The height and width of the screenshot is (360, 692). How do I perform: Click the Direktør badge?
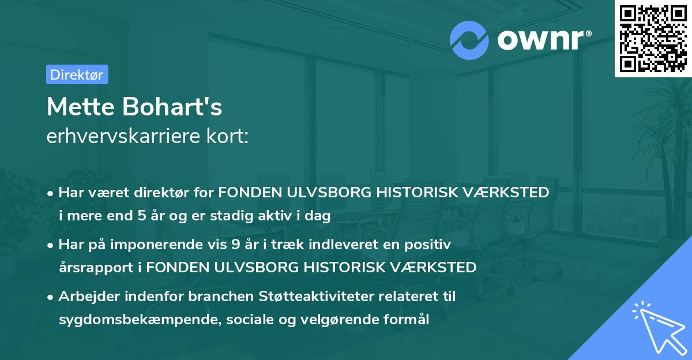tap(77, 74)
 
